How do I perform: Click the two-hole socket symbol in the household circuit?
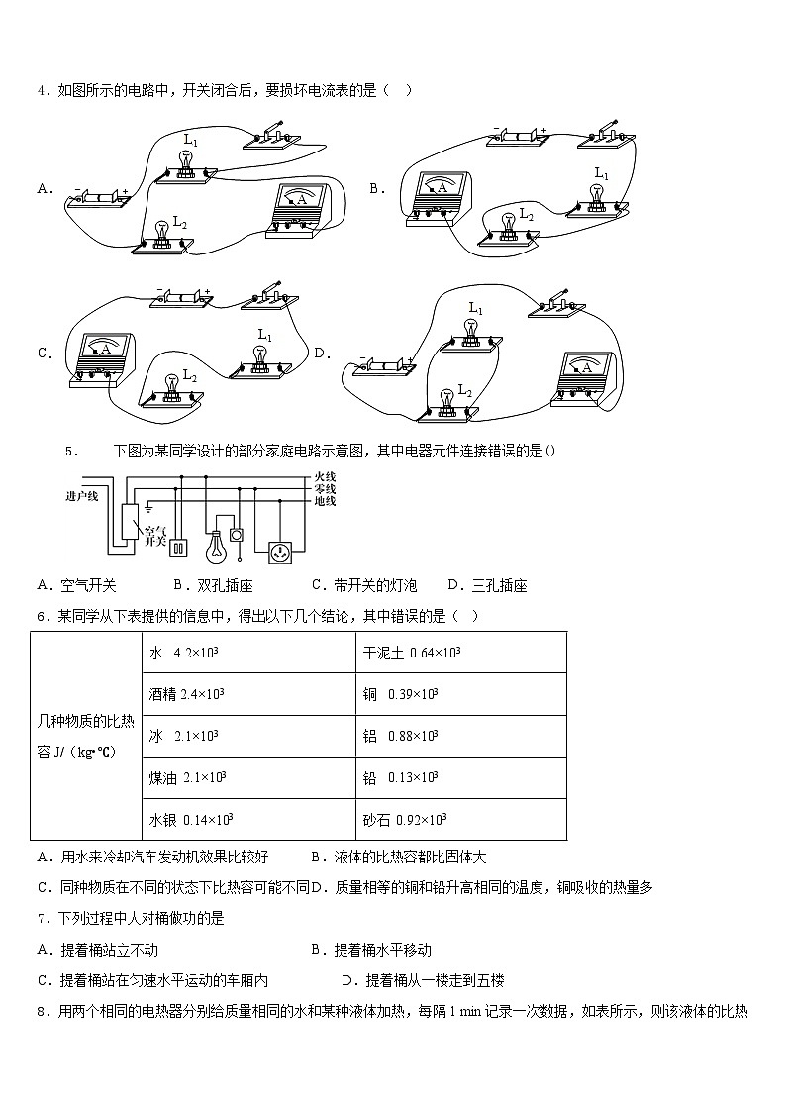coord(180,547)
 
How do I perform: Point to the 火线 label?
coord(325,477)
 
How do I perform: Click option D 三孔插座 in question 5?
coord(486,585)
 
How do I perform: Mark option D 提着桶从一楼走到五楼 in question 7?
coord(423,980)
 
